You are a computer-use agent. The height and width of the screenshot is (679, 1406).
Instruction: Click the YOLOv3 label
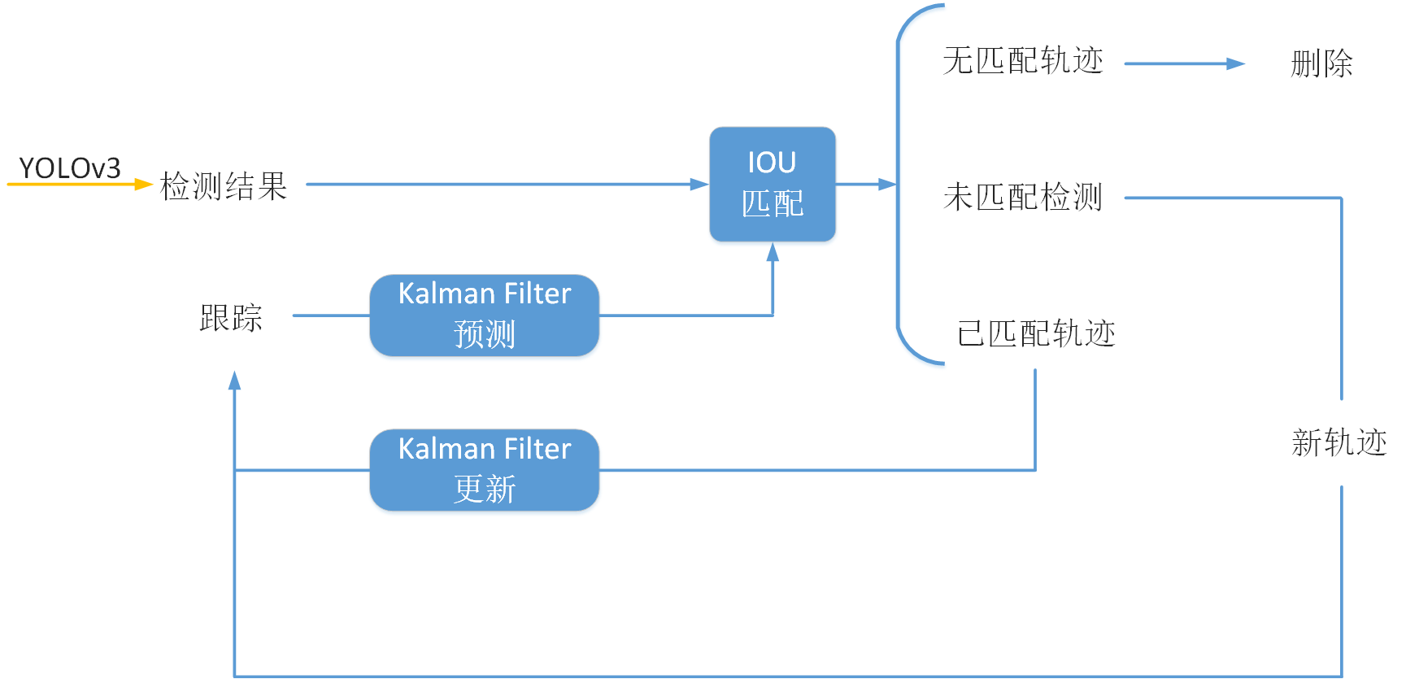70,168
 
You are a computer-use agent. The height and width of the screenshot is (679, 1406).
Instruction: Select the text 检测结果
224,186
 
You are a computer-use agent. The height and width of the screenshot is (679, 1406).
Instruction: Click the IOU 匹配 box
772,184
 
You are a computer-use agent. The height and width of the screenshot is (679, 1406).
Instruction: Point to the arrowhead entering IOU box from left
699,185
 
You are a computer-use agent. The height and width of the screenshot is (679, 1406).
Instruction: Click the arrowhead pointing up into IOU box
773,252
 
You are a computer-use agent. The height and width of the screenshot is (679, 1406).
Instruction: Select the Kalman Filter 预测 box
484,316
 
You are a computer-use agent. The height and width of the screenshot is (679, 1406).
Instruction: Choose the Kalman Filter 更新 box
484,470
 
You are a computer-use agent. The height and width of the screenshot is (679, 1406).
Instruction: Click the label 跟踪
231,317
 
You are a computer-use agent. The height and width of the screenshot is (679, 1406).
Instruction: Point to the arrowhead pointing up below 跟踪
234,381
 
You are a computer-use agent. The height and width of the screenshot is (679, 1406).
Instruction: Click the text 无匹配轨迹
1023,61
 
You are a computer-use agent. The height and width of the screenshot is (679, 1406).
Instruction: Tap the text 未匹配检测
1023,198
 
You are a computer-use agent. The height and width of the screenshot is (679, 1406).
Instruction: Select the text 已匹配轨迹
1036,333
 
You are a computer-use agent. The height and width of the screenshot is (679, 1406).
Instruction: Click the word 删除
1321,63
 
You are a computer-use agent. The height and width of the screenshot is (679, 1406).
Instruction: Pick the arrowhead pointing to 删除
1235,63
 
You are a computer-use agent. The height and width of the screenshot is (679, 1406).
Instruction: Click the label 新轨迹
1339,443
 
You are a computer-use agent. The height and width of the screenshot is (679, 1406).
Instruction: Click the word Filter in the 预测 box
538,294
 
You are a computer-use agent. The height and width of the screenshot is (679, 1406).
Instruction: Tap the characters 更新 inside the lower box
485,489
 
